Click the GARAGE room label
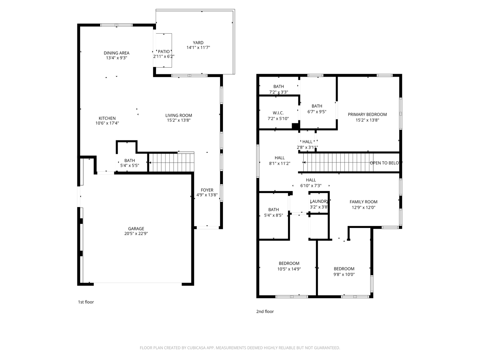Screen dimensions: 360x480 tap(136, 229)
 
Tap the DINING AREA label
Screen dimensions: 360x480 tap(116, 53)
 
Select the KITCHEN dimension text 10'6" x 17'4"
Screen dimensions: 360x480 tap(107, 123)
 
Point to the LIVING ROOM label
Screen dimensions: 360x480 tap(179, 116)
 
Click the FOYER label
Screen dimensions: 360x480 tap(207, 190)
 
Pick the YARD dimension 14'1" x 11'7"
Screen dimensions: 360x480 tap(198, 48)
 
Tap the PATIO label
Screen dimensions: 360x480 tap(164, 52)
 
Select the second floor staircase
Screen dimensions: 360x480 tap(337, 163)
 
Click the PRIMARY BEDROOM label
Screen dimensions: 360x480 tap(367, 115)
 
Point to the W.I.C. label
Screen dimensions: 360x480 tap(278, 113)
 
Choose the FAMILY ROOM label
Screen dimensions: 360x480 tap(363, 202)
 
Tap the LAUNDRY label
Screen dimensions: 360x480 tap(319, 202)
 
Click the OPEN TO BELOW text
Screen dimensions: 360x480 tap(386, 163)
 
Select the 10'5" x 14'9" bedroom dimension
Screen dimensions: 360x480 tap(289, 269)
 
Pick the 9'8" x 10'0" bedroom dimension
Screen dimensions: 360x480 tap(344, 275)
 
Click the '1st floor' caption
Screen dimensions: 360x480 tap(86, 302)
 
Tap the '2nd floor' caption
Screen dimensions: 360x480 tap(265, 312)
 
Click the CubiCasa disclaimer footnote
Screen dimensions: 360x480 tap(240, 348)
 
